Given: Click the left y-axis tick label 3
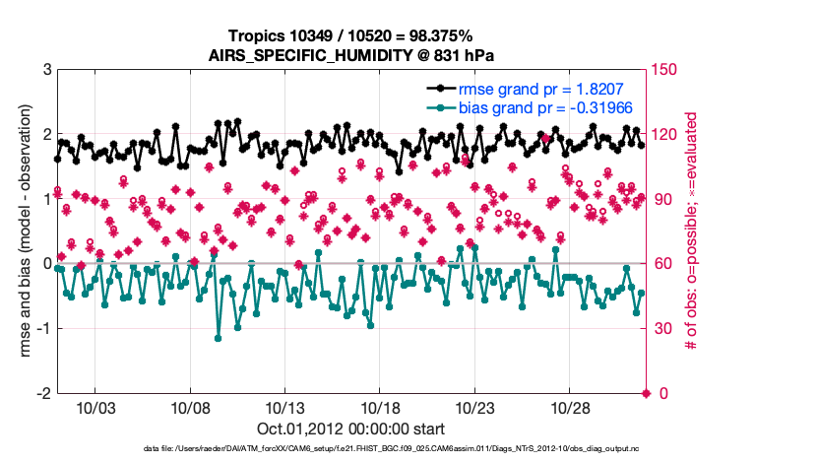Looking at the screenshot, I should click(45, 70).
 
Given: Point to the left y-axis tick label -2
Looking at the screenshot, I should click(42, 393).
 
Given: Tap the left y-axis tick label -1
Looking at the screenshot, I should click(42, 329).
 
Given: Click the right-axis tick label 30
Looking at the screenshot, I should click(664, 329).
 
